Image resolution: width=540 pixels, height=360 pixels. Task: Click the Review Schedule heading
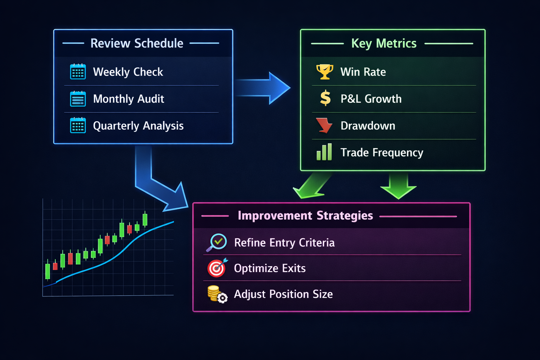(137, 43)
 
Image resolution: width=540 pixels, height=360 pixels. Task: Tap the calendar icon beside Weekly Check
(78, 72)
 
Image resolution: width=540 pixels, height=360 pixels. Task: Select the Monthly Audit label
(128, 99)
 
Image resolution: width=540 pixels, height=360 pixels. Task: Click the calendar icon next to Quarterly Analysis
(78, 126)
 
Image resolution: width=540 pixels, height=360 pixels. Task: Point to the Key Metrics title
(384, 44)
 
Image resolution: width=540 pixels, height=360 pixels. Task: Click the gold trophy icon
(325, 72)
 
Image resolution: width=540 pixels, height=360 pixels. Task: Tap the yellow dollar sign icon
(325, 98)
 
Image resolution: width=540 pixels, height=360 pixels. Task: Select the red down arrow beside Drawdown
(324, 126)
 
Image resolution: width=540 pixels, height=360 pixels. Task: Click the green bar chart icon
(324, 152)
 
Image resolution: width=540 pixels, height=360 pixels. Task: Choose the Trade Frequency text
(382, 153)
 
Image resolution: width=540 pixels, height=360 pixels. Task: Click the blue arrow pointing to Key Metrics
(262, 88)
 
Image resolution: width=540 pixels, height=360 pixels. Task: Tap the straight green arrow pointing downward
(398, 185)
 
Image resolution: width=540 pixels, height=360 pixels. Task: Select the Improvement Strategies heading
(306, 216)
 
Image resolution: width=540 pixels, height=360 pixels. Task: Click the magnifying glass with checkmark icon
(217, 243)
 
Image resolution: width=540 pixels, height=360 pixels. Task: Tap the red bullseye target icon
(217, 268)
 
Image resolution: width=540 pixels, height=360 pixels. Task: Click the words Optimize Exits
(270, 268)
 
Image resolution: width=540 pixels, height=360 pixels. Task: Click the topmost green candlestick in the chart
(145, 219)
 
